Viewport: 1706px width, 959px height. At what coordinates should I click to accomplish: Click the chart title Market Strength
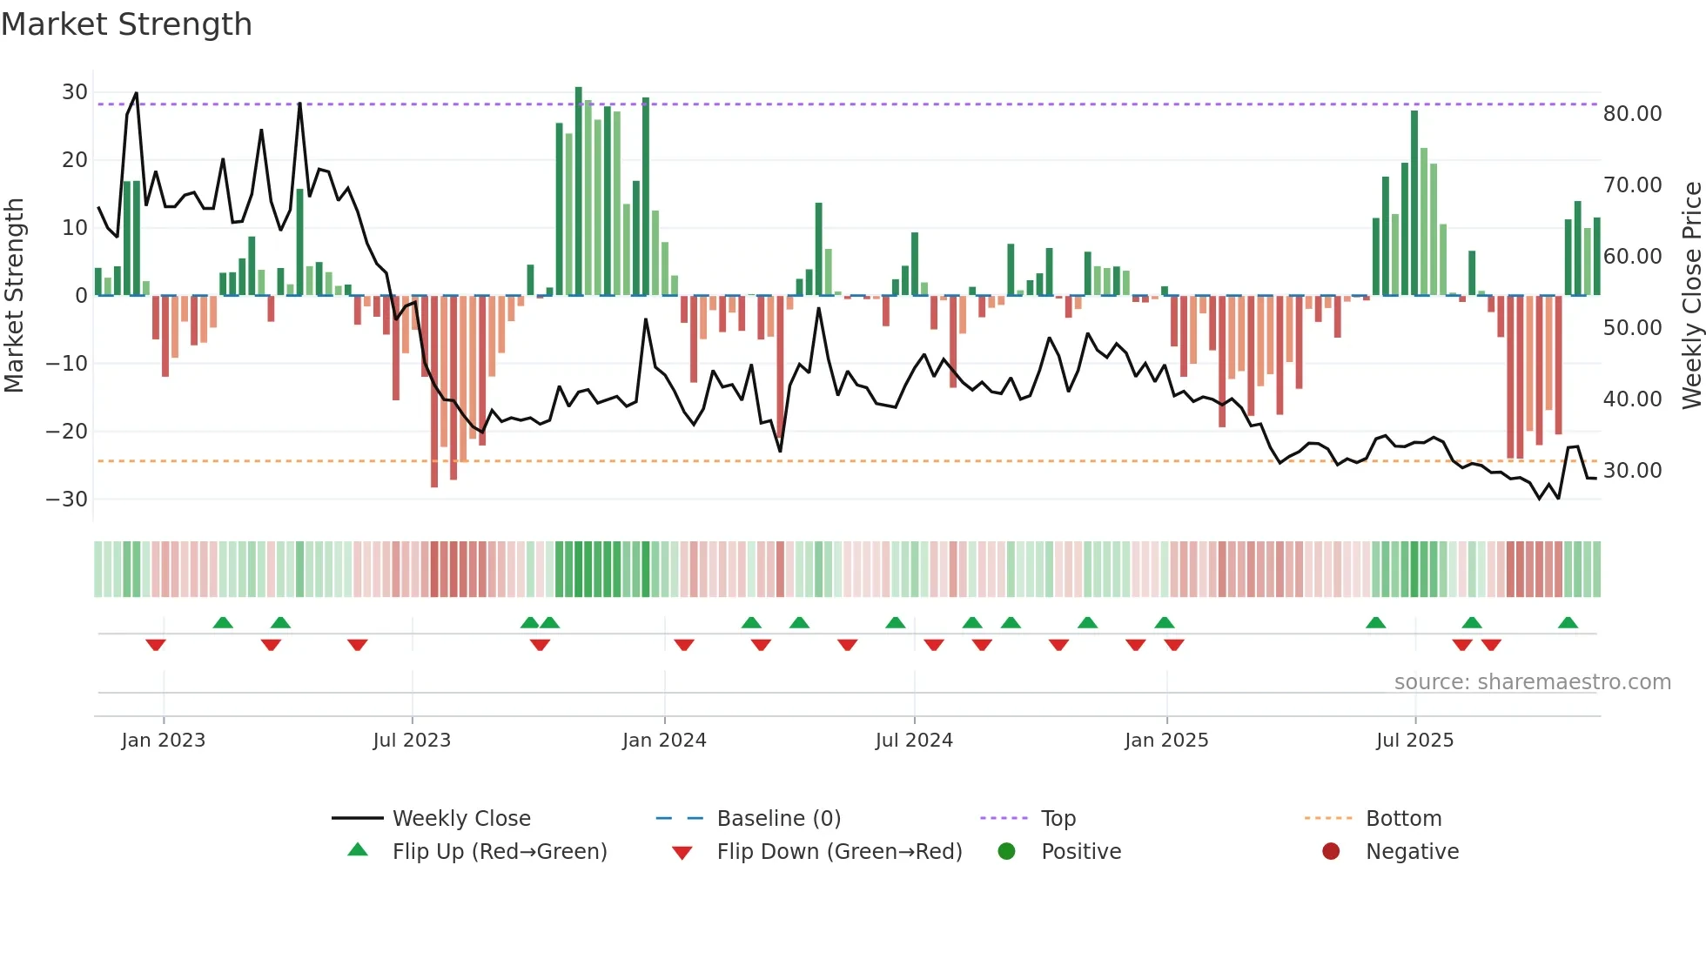(x=126, y=24)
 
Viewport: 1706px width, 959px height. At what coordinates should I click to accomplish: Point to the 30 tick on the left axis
(x=75, y=92)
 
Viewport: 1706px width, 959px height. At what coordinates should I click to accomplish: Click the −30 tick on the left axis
(x=67, y=500)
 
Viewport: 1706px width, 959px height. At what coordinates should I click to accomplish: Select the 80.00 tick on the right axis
(x=1632, y=114)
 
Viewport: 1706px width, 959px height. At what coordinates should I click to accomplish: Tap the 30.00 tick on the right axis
(x=1632, y=471)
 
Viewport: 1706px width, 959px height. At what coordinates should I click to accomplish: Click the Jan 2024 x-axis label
(x=664, y=741)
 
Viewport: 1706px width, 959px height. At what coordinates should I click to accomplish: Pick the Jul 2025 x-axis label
(x=1414, y=741)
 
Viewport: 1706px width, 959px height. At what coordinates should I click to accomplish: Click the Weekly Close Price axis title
(x=1691, y=296)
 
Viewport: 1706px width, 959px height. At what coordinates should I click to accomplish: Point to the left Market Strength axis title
(x=14, y=296)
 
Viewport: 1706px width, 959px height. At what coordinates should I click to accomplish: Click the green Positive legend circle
(x=1007, y=852)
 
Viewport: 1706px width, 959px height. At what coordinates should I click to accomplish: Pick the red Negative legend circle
(x=1331, y=852)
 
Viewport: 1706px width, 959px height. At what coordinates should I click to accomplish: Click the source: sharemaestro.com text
(x=1532, y=682)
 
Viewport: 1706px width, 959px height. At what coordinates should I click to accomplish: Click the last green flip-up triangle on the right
(x=1568, y=623)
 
